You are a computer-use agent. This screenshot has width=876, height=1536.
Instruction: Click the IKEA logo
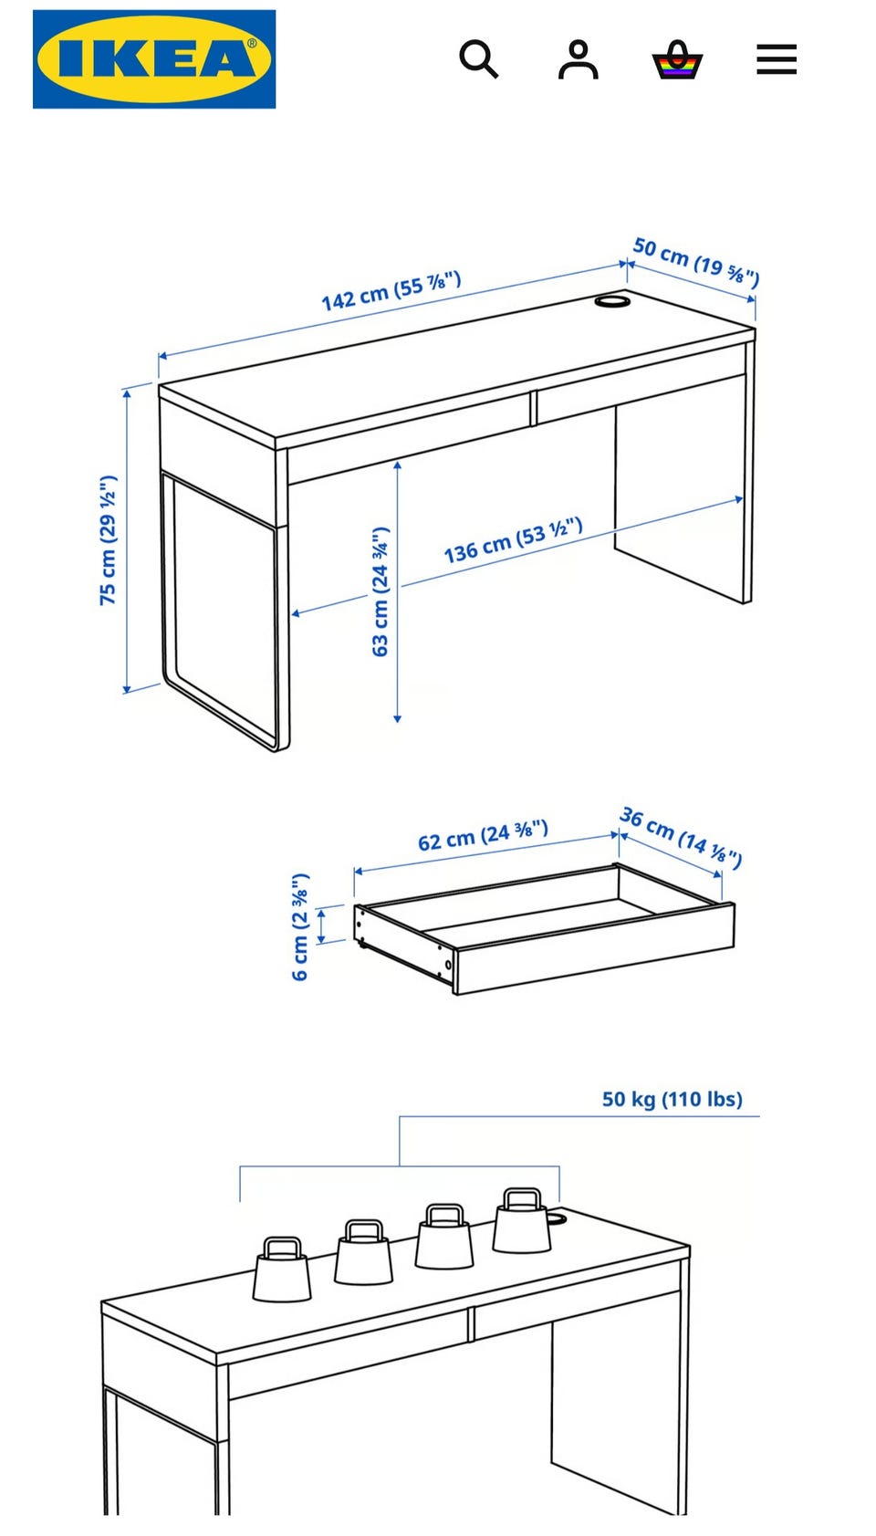154,59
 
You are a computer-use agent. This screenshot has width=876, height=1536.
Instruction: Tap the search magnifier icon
478,59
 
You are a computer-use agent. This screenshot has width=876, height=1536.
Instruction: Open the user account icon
579,59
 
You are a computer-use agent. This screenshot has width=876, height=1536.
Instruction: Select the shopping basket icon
677,59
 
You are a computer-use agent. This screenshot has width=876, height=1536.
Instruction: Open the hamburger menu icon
777,59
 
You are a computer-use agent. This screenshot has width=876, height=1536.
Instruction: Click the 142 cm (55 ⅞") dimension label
391,291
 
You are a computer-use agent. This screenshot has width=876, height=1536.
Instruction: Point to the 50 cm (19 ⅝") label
695,261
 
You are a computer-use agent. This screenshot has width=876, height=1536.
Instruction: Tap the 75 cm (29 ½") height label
109,539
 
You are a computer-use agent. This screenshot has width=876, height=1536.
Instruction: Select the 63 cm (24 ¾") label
381,591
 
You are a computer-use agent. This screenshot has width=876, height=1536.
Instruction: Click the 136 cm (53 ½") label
514,539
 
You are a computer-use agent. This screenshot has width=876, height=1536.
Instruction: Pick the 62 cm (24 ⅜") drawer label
484,834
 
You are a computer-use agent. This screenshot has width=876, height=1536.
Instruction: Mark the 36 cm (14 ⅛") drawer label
681,837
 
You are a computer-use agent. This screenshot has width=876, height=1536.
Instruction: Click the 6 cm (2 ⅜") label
301,926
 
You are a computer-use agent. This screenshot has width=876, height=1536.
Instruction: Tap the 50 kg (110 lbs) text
673,1099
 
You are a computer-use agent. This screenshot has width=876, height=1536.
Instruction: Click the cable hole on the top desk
613,302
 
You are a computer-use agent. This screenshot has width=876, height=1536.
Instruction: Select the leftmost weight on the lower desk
282,1270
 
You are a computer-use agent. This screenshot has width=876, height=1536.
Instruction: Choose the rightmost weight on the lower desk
522,1220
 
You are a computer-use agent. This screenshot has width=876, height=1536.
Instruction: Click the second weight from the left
363,1252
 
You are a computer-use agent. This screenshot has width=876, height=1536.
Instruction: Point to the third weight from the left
444,1237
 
